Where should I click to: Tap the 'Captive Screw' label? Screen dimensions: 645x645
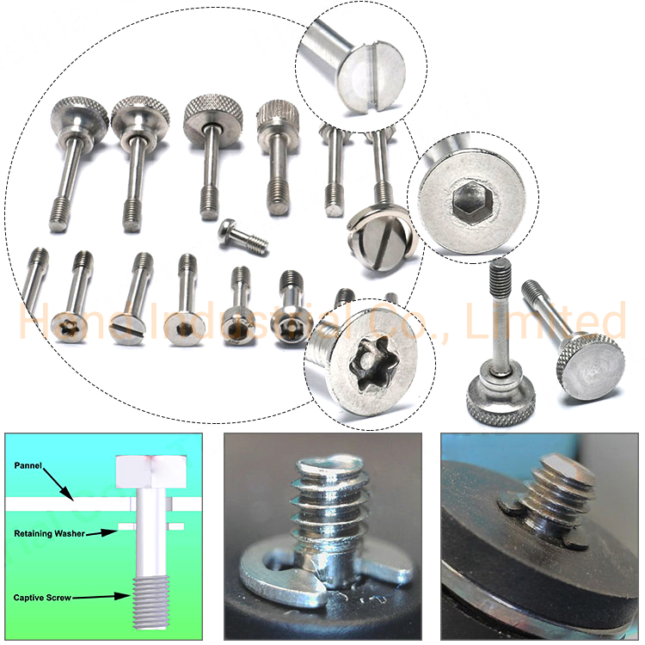(42, 597)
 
